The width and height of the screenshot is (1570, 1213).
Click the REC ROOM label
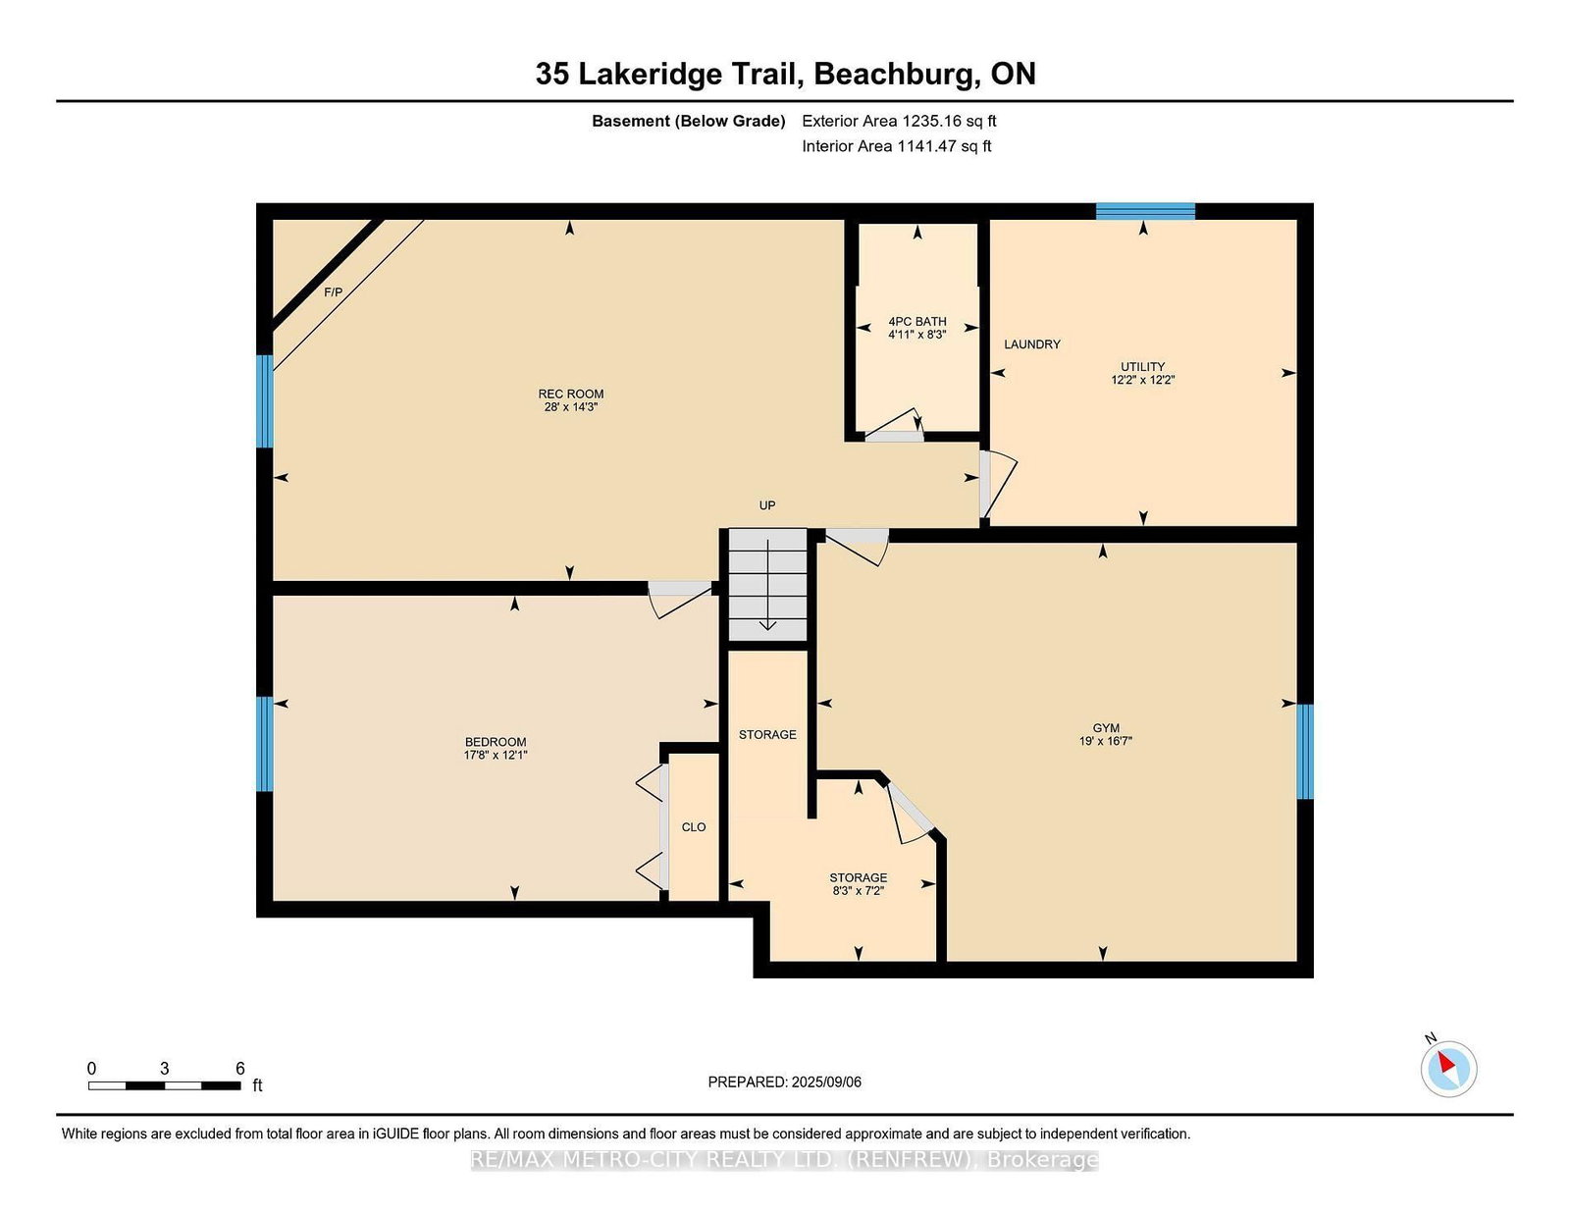coord(571,394)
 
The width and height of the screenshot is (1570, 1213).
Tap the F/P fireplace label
coord(334,292)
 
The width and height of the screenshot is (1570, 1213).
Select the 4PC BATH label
coord(917,321)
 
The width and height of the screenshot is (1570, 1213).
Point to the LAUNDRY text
coord(1032,344)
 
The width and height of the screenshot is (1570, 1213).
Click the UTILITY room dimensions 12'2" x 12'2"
coord(1143,380)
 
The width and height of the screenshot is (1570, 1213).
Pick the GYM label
coord(1106,728)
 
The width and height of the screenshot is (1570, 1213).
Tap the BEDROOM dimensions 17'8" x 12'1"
coord(496,755)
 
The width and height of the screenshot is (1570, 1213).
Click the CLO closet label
coord(694,827)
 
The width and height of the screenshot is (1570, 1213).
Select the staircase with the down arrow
coord(768,586)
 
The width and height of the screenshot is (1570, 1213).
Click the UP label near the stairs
coord(767,505)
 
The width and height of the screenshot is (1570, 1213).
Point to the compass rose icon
coord(1448,1067)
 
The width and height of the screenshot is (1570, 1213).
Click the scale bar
coord(164,1085)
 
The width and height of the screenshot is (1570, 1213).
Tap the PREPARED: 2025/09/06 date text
coord(785,1081)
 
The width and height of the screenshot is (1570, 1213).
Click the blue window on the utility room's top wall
coord(1145,211)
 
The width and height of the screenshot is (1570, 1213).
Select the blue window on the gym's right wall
coord(1305,752)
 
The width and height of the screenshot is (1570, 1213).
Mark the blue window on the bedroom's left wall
coord(264,744)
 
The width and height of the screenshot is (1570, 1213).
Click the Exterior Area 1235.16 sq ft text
coord(899,121)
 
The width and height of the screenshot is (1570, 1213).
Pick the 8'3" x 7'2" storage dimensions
coord(859,891)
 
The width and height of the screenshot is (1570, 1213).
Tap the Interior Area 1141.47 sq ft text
coord(897,146)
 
